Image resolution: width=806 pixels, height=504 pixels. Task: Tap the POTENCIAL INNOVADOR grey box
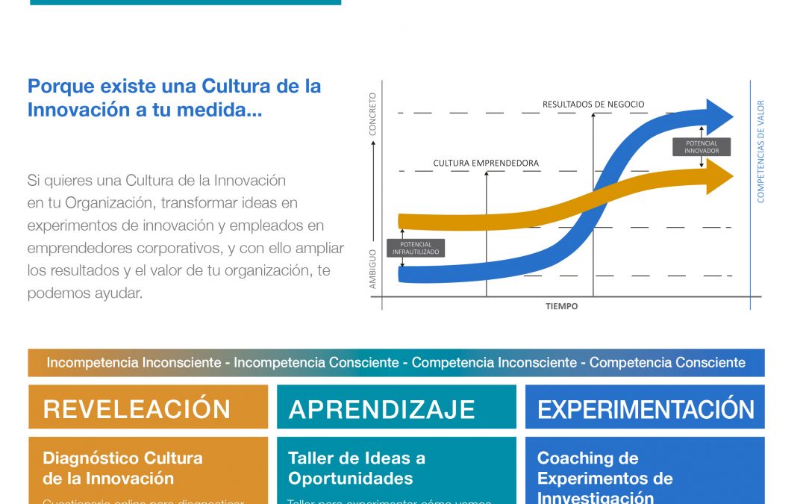coord(701,146)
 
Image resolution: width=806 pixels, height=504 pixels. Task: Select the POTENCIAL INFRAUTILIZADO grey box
coord(416,248)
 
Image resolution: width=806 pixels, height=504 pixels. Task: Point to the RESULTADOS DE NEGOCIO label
coord(593,105)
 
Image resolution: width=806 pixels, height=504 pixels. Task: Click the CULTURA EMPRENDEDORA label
coord(486,163)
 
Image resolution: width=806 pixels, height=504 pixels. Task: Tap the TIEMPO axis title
coord(561,306)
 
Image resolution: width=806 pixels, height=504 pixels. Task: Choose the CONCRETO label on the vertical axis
coord(373,113)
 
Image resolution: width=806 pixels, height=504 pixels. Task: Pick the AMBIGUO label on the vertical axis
coord(373,269)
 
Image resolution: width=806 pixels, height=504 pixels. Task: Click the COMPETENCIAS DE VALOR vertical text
coord(761,152)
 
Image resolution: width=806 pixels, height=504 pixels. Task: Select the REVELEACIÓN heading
coord(137,409)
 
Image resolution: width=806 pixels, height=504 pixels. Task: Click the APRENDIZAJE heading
coord(382,409)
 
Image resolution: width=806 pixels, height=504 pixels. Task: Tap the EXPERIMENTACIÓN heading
coord(646,409)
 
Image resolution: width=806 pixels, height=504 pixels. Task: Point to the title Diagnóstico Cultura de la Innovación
coord(122,468)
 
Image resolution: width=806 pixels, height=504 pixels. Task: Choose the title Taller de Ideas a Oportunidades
coord(357,468)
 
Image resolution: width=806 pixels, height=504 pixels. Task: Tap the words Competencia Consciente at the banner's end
coord(667,363)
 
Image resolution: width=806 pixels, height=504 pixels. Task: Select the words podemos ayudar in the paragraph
coord(84,293)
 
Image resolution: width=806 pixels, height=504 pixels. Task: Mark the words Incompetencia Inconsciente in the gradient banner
coord(134,363)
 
